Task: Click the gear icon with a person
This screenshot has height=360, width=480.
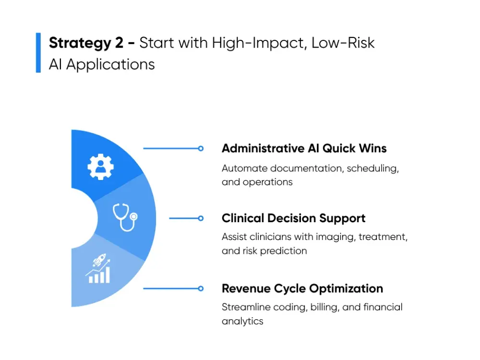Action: tap(100, 167)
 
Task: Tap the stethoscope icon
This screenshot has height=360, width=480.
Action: tap(124, 217)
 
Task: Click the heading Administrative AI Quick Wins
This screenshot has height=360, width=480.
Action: tap(304, 148)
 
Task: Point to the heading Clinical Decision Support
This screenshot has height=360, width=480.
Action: tap(293, 218)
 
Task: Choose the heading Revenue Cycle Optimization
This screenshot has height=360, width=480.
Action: tap(302, 288)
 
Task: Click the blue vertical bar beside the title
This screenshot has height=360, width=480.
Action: tap(38, 53)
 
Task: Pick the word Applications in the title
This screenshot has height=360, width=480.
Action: tap(110, 64)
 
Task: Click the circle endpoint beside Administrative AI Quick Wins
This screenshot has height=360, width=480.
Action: tap(201, 149)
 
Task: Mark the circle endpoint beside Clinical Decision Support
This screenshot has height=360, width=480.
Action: tap(201, 218)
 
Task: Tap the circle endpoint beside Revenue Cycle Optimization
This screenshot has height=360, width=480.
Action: tap(201, 288)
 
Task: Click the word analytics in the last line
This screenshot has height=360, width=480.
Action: tap(242, 321)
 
